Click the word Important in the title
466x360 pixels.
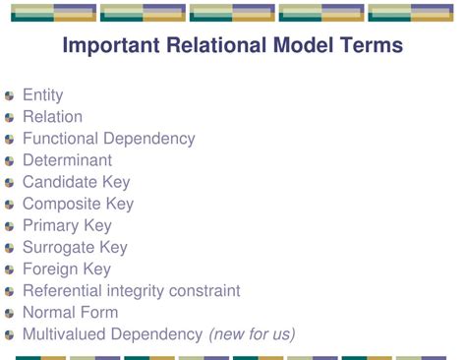[109, 46]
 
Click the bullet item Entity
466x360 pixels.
[42, 95]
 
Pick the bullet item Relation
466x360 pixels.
[52, 117]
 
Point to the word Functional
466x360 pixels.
[65, 139]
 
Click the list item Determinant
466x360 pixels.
[67, 160]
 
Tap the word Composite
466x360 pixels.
[62, 204]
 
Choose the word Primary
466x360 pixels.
[52, 225]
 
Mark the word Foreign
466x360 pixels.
[51, 269]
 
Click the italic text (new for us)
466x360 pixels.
[252, 333]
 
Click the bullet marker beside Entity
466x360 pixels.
[10, 96]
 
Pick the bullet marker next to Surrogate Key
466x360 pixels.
[10, 248]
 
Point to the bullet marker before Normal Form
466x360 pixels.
[10, 313]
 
